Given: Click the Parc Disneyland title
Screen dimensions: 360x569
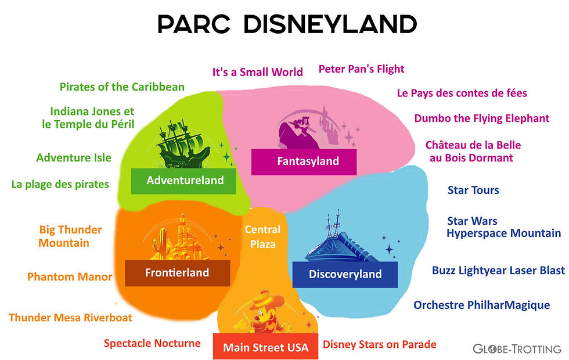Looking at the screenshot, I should click(x=287, y=24).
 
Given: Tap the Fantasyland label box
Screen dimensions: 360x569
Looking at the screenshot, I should click(x=304, y=161).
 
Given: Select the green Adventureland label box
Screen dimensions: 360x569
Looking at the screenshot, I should click(x=184, y=181).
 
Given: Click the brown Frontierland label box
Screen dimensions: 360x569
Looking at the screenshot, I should click(x=178, y=273).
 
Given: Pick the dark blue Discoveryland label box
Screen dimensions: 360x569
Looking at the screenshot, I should click(x=345, y=274).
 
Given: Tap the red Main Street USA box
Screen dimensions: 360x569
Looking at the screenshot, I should click(x=265, y=347).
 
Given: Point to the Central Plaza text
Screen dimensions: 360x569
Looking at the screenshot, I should click(x=262, y=236).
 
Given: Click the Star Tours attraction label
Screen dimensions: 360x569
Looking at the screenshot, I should click(x=473, y=190).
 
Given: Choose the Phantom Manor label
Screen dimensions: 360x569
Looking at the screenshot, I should click(x=70, y=277).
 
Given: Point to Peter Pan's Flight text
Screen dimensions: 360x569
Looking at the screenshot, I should click(x=361, y=69).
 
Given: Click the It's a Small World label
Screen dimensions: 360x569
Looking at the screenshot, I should click(x=257, y=72).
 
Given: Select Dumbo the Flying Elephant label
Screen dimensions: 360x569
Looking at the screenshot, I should click(x=481, y=118).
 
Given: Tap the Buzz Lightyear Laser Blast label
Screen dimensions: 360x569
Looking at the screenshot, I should click(x=498, y=271).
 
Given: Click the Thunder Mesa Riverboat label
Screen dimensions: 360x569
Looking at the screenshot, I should click(x=70, y=318).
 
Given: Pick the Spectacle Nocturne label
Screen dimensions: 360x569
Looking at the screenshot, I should click(x=152, y=343).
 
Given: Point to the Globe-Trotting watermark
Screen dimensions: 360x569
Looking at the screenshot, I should click(x=516, y=349).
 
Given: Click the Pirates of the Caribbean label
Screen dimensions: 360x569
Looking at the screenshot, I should click(x=122, y=87).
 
